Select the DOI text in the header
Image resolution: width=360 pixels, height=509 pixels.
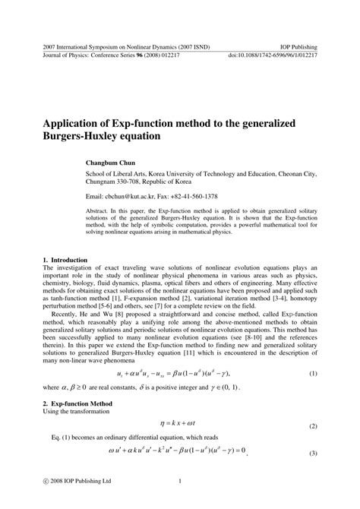tap(272, 56)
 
